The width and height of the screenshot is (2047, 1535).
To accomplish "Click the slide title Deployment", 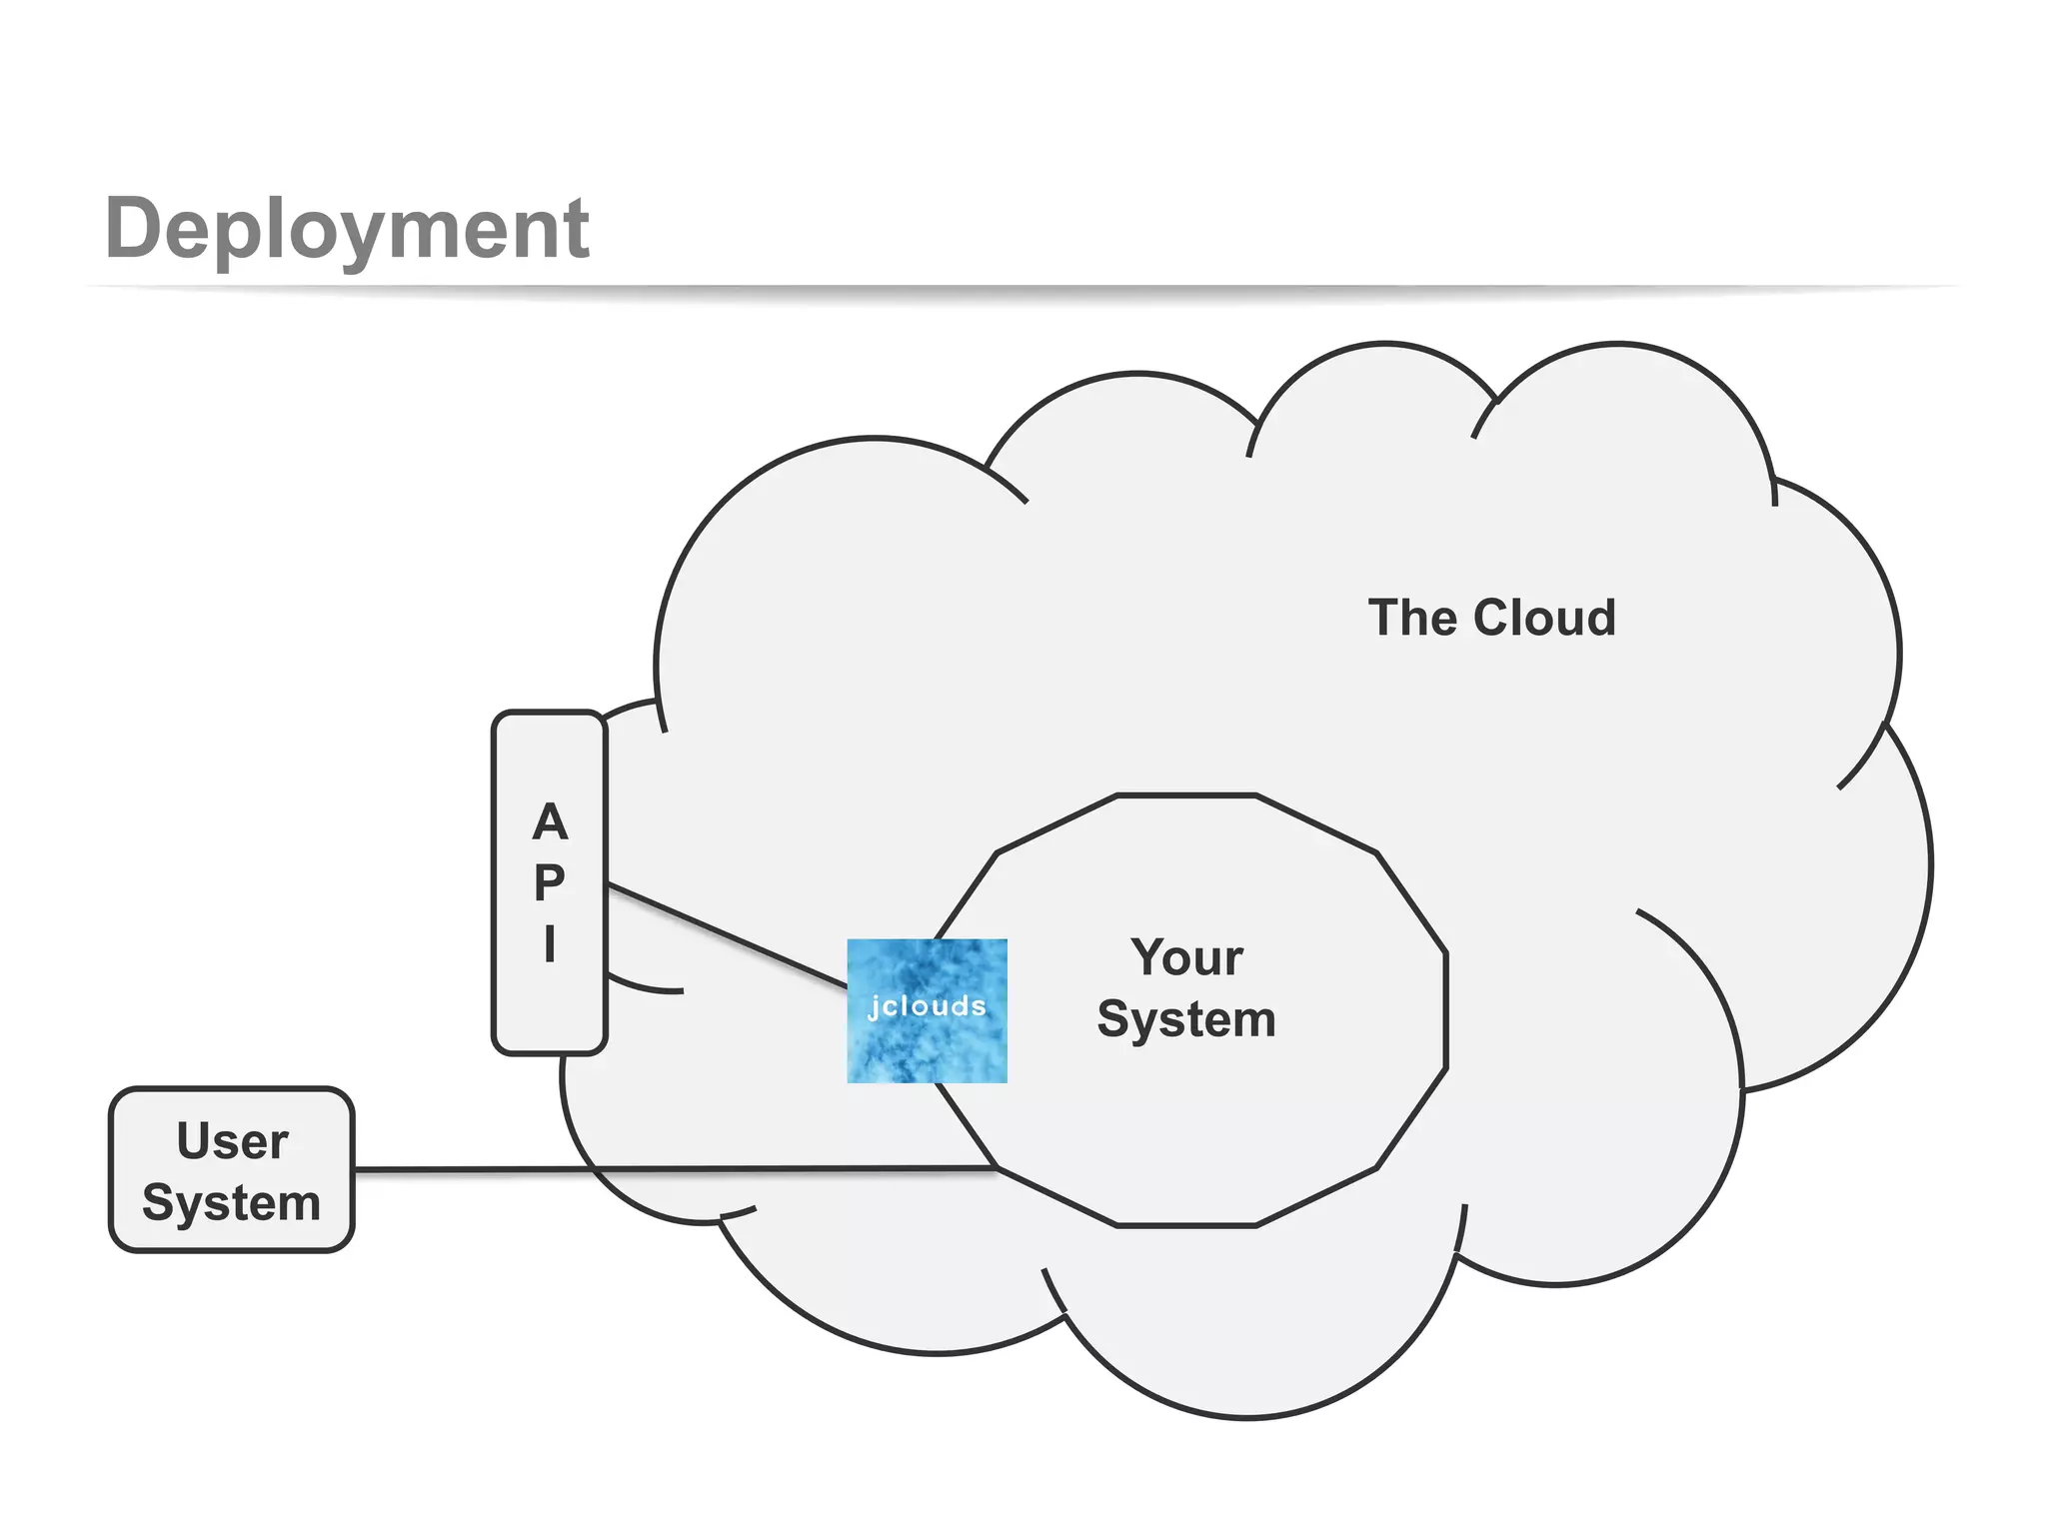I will (x=347, y=229).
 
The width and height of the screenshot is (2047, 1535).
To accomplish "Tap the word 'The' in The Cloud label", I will (x=1408, y=618).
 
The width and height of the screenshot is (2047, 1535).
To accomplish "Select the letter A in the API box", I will (x=550, y=822).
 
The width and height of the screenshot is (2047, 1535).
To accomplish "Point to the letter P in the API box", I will (x=549, y=882).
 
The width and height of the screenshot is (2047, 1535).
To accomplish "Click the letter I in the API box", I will (x=550, y=943).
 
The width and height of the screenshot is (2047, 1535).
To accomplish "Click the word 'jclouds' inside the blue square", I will (x=927, y=1006).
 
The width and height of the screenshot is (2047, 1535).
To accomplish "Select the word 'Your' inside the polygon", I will (x=1186, y=957).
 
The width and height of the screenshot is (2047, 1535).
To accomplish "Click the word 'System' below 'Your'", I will (x=1186, y=1019).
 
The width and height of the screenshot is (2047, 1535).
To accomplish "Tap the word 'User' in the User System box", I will (x=232, y=1141).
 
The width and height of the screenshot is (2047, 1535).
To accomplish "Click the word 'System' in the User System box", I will (x=232, y=1202).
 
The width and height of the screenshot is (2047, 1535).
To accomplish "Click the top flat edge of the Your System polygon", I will (x=1186, y=795).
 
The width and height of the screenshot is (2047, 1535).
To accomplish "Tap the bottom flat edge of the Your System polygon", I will (x=1186, y=1224).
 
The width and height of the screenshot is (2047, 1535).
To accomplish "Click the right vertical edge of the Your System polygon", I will (x=1445, y=1009).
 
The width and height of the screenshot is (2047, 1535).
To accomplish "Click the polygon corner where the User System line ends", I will (x=998, y=1167).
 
